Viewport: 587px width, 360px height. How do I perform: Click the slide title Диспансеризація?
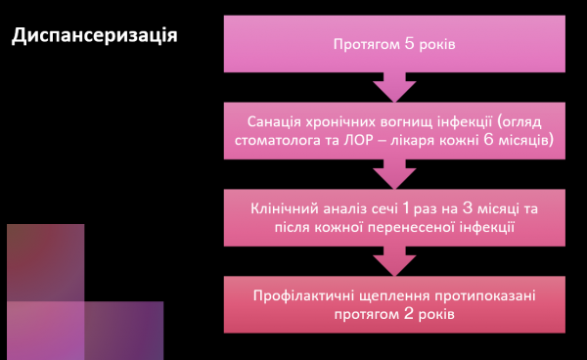[x=94, y=37]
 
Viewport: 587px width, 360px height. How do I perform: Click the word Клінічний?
[x=286, y=209]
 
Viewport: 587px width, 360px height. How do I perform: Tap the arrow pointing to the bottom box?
[x=395, y=260]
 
